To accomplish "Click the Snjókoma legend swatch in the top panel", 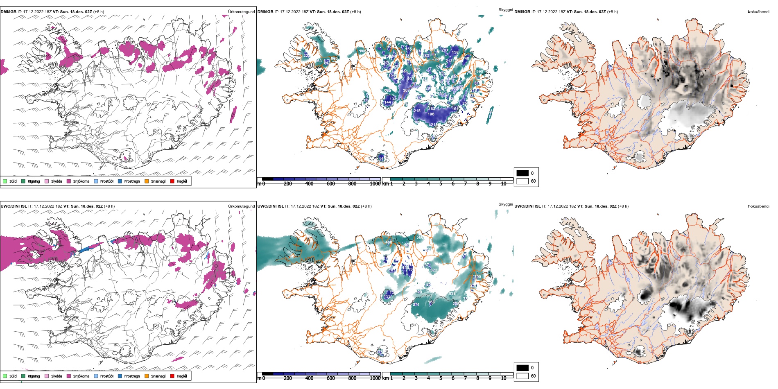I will coord(69,181).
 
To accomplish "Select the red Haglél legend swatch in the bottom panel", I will coord(172,376).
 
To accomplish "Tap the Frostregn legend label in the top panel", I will coord(132,181).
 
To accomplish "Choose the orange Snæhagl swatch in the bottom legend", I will coord(147,376).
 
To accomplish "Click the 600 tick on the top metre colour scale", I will coord(331,184).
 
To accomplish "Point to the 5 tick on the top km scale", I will coord(441,184).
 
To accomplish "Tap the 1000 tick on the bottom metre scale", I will coord(375,378).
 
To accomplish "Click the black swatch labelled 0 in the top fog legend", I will coord(522,173).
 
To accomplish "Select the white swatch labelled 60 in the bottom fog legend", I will coord(522,375).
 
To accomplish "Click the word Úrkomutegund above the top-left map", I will coord(241,12).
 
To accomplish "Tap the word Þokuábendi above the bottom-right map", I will coord(758,206).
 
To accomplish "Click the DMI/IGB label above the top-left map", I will coord(9,12).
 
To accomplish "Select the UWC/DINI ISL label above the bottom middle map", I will coord(271,206).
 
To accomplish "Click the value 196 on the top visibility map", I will coord(431,114).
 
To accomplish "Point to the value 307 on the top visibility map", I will coord(406,90).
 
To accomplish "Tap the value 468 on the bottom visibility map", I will coord(389,242).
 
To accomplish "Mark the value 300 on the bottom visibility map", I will coord(477,277).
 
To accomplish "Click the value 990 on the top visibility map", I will coord(479,72).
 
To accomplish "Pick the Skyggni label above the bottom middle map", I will coord(506,204).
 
